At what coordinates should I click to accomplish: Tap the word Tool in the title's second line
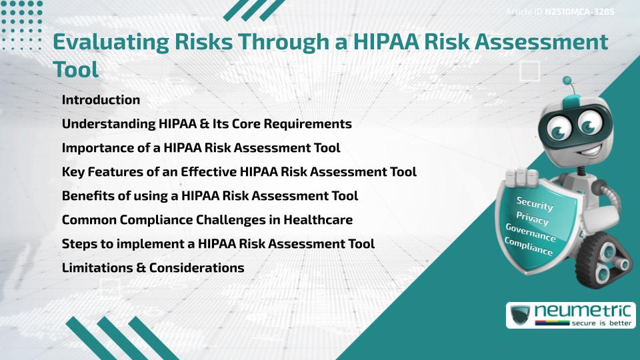tap(75, 69)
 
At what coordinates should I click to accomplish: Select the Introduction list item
tap(101, 100)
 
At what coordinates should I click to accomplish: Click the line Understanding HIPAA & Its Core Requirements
tap(207, 124)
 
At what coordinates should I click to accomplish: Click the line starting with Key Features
tap(239, 172)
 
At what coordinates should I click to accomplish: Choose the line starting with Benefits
tap(210, 196)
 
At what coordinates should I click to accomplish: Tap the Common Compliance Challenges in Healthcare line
tap(207, 220)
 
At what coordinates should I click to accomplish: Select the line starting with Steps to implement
tap(218, 244)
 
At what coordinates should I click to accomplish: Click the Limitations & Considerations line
tap(153, 268)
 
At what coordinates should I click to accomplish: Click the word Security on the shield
tap(535, 204)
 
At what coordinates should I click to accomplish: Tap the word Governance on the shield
tap(531, 233)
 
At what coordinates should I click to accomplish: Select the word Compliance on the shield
tap(529, 247)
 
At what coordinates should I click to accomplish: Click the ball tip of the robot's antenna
tap(568, 81)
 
